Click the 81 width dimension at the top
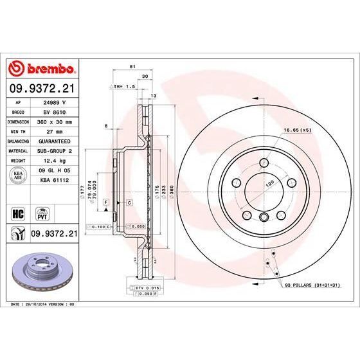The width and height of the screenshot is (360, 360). coord(131,66)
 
